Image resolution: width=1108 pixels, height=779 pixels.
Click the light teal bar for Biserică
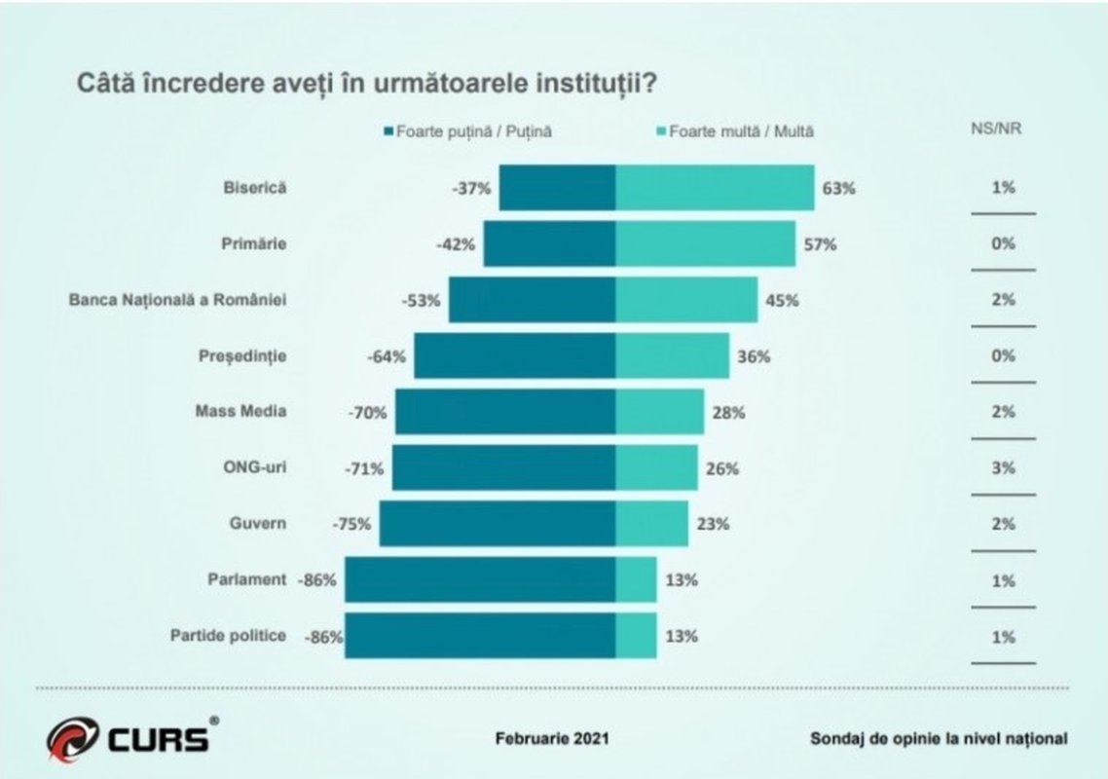point(715,188)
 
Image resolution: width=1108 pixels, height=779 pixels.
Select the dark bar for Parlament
point(480,580)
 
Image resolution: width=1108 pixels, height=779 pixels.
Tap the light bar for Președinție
point(672,355)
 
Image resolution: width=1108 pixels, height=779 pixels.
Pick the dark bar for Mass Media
point(505,412)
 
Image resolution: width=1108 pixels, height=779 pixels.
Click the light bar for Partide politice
point(636,636)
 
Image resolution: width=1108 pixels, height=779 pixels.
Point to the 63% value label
point(838,188)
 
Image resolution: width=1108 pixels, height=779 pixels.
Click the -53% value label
point(421,300)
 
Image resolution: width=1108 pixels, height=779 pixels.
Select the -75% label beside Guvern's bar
point(351,524)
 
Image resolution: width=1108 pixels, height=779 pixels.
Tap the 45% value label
point(782,300)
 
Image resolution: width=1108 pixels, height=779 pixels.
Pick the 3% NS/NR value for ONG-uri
point(1003,467)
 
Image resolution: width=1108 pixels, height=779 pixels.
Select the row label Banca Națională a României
point(177,299)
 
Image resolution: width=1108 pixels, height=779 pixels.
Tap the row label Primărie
point(254,243)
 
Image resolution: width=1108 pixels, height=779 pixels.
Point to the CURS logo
point(129,736)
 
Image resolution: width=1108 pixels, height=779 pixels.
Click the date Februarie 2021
point(552,738)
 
